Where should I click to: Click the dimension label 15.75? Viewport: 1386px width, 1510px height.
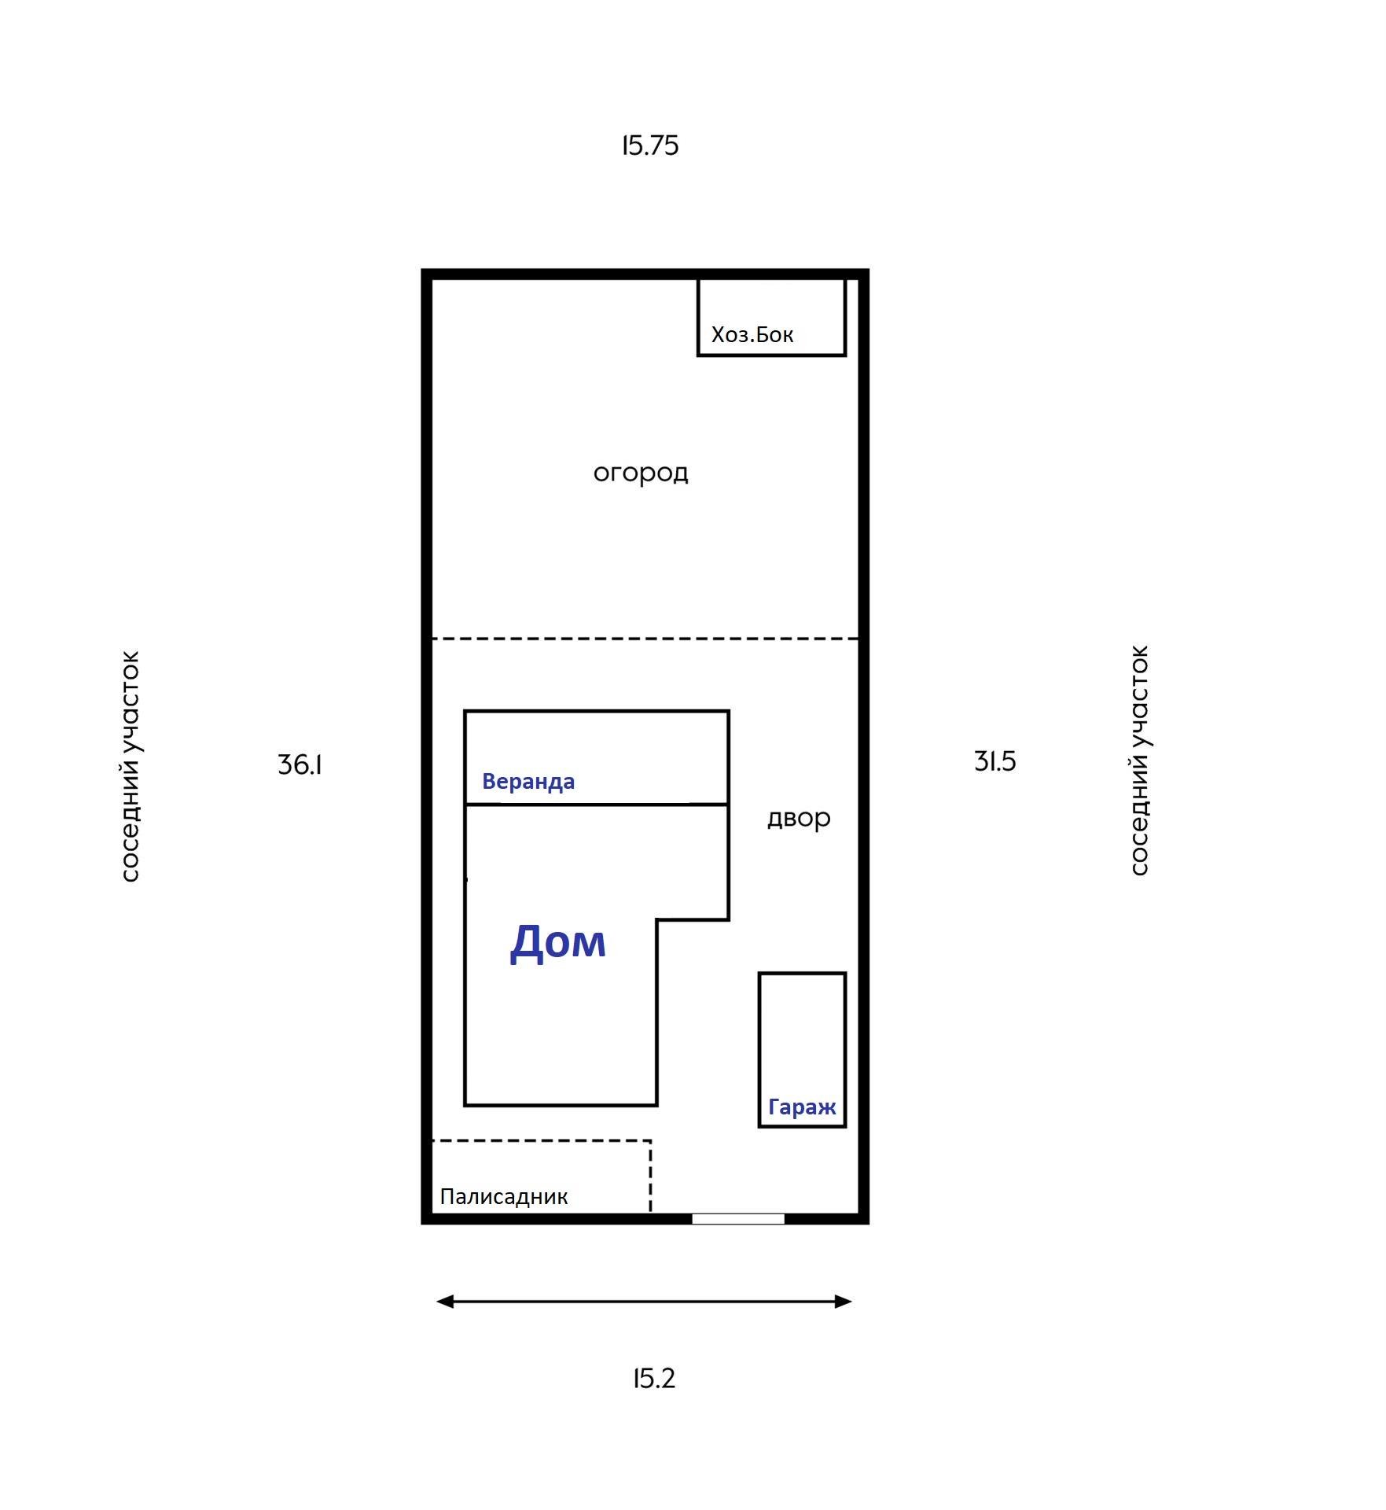[x=650, y=145]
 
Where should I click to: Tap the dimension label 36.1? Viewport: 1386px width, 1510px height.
[x=300, y=764]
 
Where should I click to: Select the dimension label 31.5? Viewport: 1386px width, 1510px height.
[x=994, y=761]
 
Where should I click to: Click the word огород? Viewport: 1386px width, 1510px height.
[x=641, y=473]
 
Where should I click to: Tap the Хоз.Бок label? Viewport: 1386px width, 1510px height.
[x=752, y=335]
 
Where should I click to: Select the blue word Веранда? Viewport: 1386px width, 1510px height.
[x=528, y=782]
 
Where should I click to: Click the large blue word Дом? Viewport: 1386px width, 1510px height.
[x=558, y=941]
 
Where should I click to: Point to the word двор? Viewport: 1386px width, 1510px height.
[x=799, y=819]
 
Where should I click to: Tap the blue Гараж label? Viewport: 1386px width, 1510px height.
[x=802, y=1107]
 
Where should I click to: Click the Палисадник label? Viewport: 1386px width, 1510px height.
[x=504, y=1196]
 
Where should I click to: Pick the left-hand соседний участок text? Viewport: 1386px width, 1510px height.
[x=130, y=766]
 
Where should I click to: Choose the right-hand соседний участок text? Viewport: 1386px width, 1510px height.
[x=1139, y=761]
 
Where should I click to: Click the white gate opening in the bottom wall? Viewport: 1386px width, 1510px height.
[x=738, y=1219]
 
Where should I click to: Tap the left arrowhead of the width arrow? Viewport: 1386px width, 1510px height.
[x=445, y=1302]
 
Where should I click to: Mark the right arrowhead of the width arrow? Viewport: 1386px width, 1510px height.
[x=843, y=1302]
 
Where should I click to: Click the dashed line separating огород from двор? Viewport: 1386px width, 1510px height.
[x=645, y=639]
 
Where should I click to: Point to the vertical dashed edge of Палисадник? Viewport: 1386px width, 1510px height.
[x=650, y=1177]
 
